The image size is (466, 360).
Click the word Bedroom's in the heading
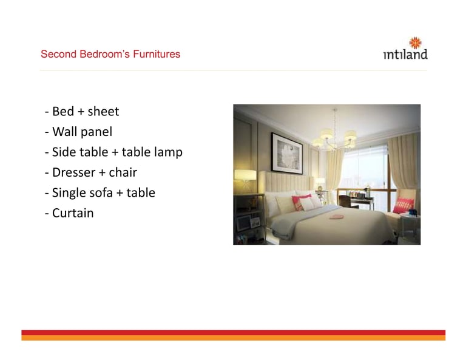point(104,54)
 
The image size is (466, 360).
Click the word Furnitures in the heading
point(157,54)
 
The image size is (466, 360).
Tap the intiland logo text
point(405,54)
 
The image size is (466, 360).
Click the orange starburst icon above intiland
point(415,43)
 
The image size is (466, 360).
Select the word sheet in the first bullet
point(103,112)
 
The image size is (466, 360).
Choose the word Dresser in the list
point(74,172)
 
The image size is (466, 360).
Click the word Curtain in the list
point(73,213)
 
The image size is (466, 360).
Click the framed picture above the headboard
point(287,154)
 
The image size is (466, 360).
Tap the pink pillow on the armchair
point(404,205)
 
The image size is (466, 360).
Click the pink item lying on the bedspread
point(336,217)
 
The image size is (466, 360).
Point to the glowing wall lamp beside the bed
point(245,175)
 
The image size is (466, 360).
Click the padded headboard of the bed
point(288,182)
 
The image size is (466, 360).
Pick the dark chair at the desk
point(345,202)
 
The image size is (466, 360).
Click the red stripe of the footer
point(233,333)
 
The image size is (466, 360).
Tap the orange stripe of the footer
point(233,338)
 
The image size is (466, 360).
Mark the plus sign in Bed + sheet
point(81,112)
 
